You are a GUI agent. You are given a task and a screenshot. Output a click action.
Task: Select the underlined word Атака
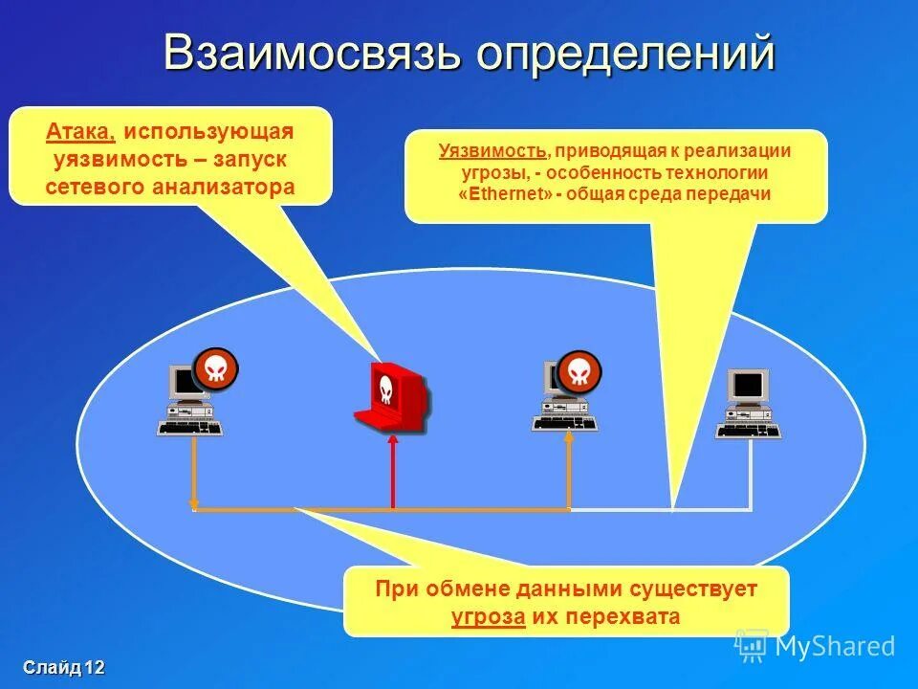point(80,132)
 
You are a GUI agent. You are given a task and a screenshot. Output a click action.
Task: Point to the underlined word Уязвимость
point(493,151)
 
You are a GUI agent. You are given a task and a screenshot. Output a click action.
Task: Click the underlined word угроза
point(488,616)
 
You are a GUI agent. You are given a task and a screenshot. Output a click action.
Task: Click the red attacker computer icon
point(390,394)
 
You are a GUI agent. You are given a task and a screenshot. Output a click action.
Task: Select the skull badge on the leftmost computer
point(215,369)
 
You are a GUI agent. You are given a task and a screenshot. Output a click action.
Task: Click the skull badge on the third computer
point(579,370)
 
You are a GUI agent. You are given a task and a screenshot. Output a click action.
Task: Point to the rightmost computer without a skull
point(748,402)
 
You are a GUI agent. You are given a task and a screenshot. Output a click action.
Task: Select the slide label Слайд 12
point(64,668)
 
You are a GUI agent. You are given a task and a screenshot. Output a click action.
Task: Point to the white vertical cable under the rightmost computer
point(750,474)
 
